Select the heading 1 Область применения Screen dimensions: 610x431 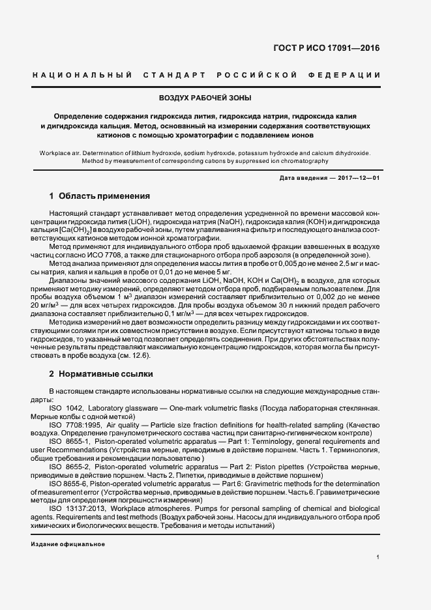click(100, 196)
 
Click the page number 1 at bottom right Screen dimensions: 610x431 click(378, 557)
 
